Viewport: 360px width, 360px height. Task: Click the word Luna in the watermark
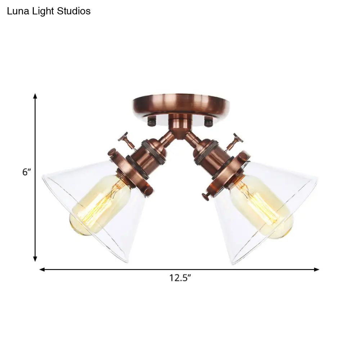[18, 11]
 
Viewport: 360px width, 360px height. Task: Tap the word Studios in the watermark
[74, 11]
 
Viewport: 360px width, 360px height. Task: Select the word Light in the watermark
[43, 12]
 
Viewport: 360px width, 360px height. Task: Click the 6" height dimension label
[26, 172]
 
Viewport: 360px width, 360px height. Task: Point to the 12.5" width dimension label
[180, 278]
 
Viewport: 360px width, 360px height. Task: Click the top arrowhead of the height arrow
[35, 96]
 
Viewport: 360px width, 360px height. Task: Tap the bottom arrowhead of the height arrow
[35, 259]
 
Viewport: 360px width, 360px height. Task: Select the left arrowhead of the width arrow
[42, 269]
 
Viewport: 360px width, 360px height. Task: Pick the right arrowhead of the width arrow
[316, 269]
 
